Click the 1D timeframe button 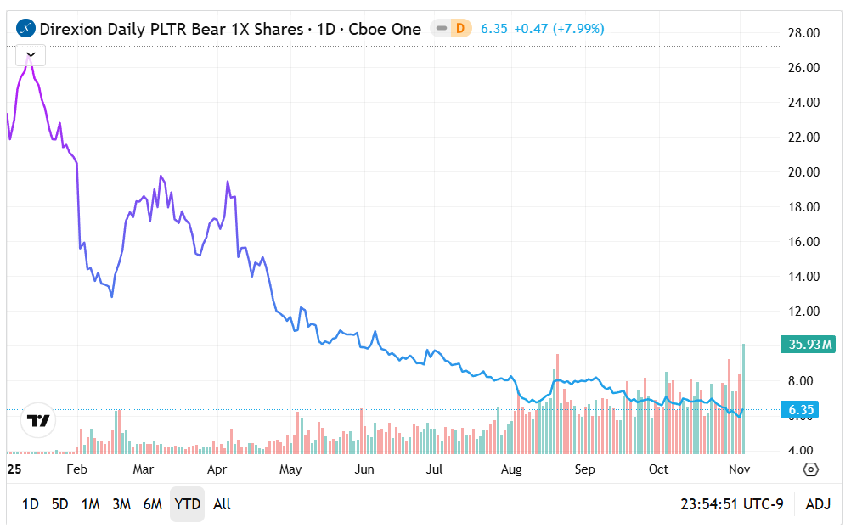(x=30, y=504)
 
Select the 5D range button (x=59, y=504)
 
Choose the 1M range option (x=90, y=504)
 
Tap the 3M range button (x=121, y=504)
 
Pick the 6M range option (x=152, y=504)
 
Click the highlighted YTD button (x=187, y=504)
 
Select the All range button (x=222, y=504)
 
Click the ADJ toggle (x=818, y=504)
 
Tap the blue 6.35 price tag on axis (x=802, y=411)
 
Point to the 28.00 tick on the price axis (x=803, y=33)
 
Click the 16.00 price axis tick (x=803, y=242)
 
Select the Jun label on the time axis (x=364, y=469)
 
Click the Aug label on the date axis (x=511, y=469)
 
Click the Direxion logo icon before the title (x=26, y=29)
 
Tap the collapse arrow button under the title (x=31, y=55)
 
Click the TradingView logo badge (x=37, y=420)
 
